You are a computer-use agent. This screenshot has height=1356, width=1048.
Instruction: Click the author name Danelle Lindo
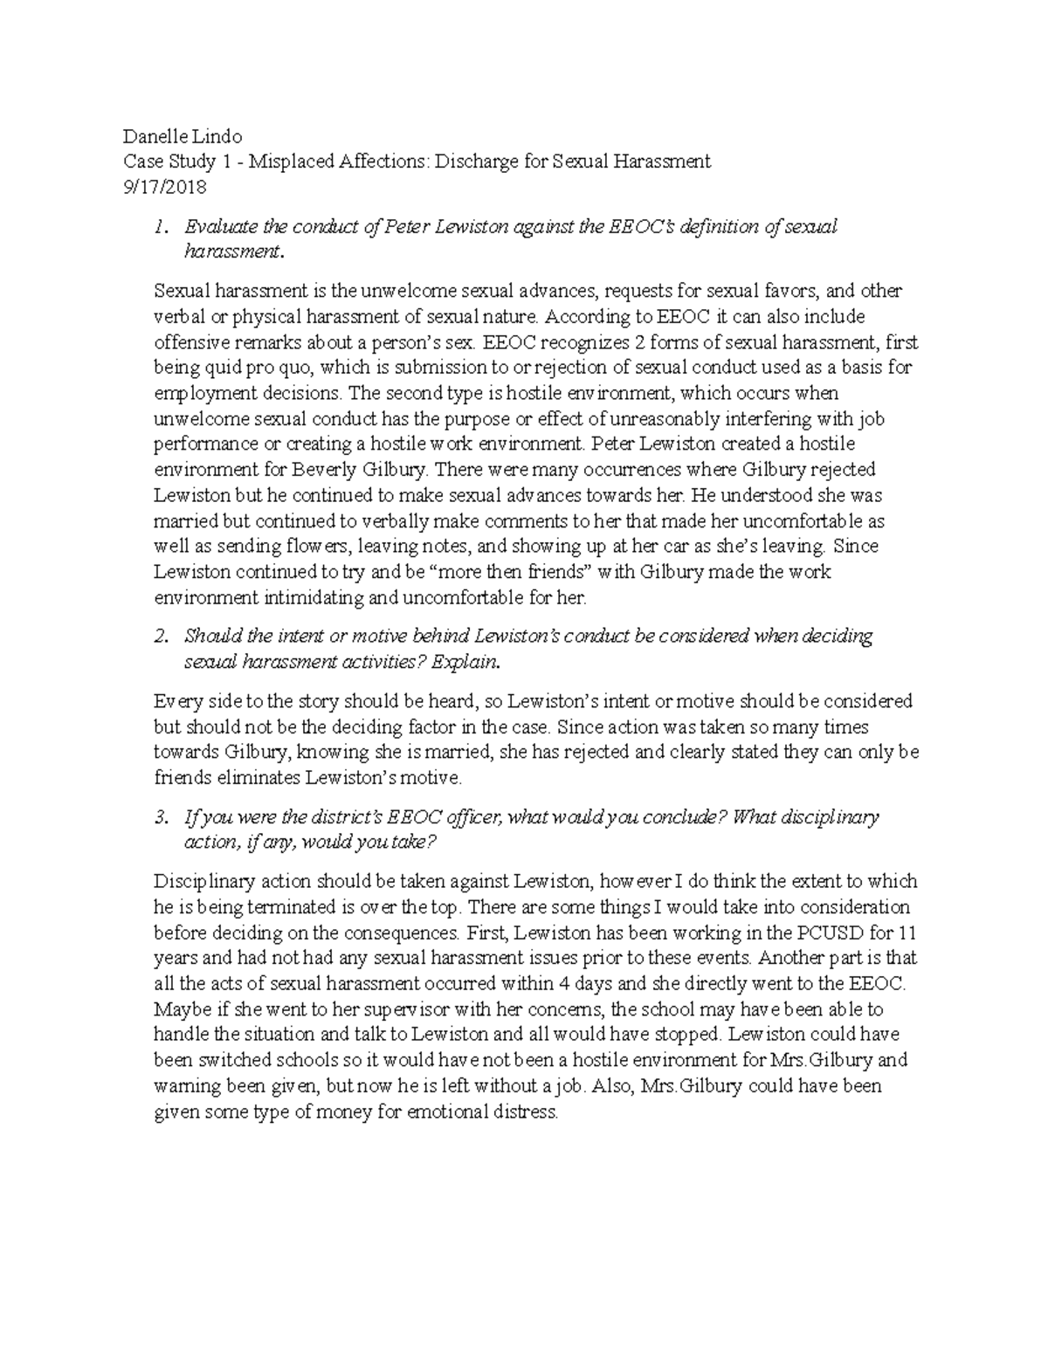point(183,136)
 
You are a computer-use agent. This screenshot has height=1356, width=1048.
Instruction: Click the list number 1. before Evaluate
point(159,228)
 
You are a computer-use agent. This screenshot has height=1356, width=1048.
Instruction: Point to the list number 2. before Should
point(159,637)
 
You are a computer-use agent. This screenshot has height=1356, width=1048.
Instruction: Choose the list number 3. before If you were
point(159,818)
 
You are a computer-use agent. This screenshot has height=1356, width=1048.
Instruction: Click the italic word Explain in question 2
point(454,663)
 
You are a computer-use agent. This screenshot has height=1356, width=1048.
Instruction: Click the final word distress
point(526,1112)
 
